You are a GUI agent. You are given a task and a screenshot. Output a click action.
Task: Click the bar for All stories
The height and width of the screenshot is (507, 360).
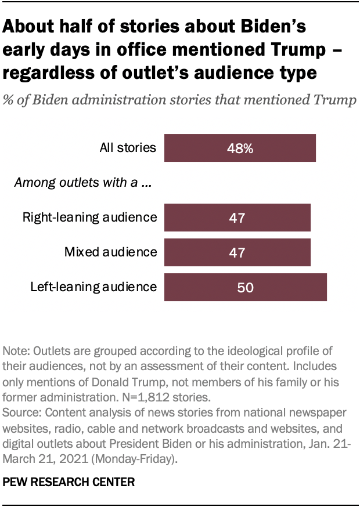[x=240, y=148]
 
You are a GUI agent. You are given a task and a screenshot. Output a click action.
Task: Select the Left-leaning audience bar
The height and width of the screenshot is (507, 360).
[x=245, y=287]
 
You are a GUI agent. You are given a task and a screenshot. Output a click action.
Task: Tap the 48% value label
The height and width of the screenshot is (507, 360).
[x=240, y=149]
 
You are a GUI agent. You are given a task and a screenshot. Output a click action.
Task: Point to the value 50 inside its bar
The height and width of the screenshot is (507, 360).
[x=246, y=287]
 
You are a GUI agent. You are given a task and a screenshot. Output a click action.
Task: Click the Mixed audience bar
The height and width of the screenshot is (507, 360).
[x=237, y=252]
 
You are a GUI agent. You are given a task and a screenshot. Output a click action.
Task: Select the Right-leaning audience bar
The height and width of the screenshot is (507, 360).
[x=237, y=218]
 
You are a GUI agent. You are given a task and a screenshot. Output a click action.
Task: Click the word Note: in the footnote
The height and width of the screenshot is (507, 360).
[x=17, y=351]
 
